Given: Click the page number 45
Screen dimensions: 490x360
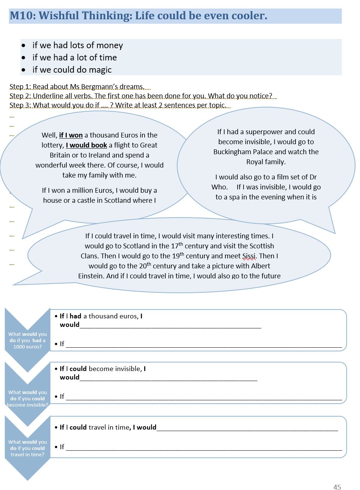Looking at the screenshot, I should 337,487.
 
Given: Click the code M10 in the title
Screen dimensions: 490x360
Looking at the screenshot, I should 22,16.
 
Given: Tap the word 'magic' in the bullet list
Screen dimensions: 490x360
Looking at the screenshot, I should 99,70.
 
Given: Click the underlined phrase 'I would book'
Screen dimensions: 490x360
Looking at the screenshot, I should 86,145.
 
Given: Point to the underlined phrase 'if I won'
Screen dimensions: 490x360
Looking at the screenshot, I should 71,135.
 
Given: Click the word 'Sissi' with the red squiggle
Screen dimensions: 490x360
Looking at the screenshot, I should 249,256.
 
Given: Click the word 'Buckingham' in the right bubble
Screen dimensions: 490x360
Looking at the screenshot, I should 231,152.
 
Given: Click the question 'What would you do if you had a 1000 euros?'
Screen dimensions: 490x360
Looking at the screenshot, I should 27,340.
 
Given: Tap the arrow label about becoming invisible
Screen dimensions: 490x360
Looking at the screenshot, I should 27,398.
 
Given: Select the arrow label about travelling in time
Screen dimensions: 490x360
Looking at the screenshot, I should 27,448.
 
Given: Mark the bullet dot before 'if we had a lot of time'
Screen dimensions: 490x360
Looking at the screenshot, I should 24,58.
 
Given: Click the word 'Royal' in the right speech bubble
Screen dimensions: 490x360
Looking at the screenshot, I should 255,162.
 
